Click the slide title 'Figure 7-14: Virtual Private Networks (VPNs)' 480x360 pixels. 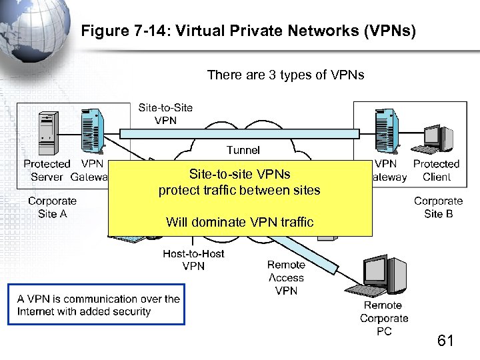(x=248, y=31)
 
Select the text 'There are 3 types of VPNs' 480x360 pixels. (x=285, y=75)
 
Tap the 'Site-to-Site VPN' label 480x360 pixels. (x=165, y=113)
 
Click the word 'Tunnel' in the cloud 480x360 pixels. (x=243, y=150)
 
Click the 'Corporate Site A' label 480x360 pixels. (x=52, y=207)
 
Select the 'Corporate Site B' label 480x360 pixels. (x=438, y=207)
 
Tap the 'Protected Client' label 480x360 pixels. (x=436, y=170)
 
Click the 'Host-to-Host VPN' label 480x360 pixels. (x=193, y=259)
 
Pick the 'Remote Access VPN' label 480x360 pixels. (x=285, y=277)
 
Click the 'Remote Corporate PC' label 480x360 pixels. (x=384, y=318)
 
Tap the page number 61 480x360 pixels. (x=445, y=341)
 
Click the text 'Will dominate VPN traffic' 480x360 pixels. (x=239, y=222)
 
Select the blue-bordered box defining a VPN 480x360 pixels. (x=97, y=305)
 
